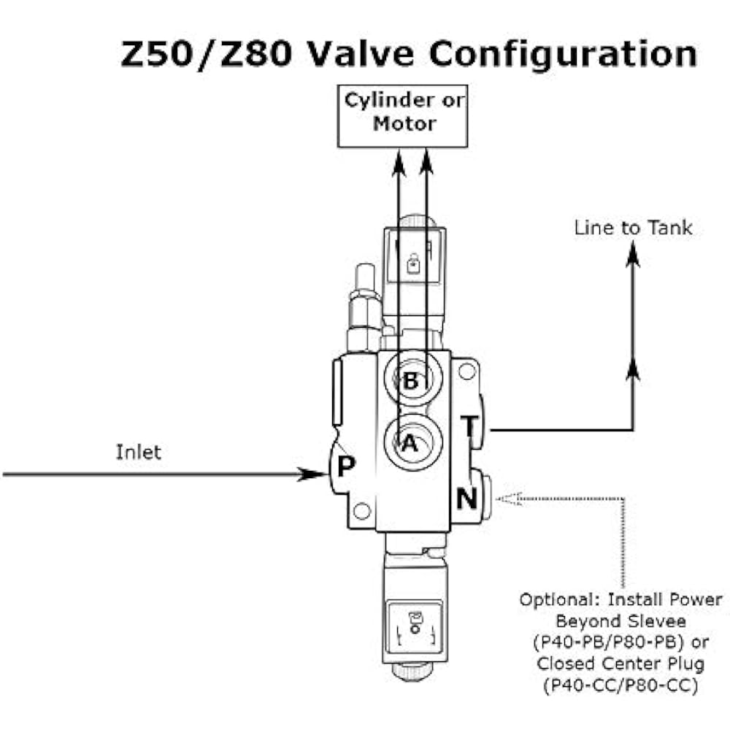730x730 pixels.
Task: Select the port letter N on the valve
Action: tap(467, 499)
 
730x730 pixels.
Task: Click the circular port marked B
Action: tap(411, 380)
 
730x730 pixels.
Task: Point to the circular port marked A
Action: tap(411, 442)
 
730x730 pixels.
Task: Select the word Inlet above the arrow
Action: tap(139, 452)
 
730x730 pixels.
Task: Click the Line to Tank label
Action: tap(633, 228)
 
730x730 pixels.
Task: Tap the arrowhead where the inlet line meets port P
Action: tap(315, 474)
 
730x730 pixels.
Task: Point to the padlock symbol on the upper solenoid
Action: tap(413, 263)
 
